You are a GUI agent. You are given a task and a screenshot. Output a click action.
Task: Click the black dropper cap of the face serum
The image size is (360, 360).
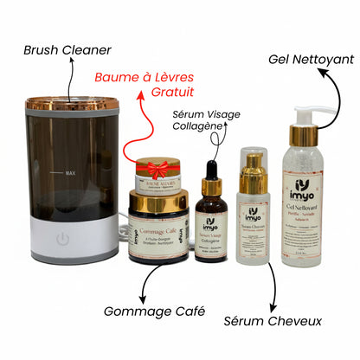click(x=210, y=167)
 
